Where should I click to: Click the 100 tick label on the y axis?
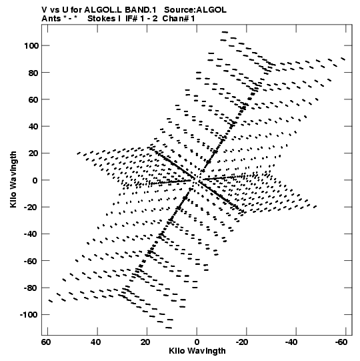(x=31, y=46)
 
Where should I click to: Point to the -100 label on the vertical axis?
(x=29, y=315)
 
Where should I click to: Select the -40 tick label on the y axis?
(x=31, y=234)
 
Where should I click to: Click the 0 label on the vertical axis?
(x=35, y=180)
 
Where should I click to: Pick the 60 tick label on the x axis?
(x=46, y=342)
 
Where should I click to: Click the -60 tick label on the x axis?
(x=341, y=342)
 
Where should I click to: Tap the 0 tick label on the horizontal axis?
(x=197, y=342)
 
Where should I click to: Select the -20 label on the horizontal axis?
(x=242, y=342)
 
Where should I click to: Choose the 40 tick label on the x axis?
(x=96, y=342)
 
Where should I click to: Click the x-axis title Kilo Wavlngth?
(x=197, y=351)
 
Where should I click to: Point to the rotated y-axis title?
(x=13, y=179)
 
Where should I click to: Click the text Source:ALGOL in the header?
(x=195, y=10)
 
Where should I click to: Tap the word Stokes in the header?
(x=102, y=19)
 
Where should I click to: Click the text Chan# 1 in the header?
(x=179, y=19)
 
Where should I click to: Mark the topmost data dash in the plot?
(x=225, y=32)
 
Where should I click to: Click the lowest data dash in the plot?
(x=169, y=328)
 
